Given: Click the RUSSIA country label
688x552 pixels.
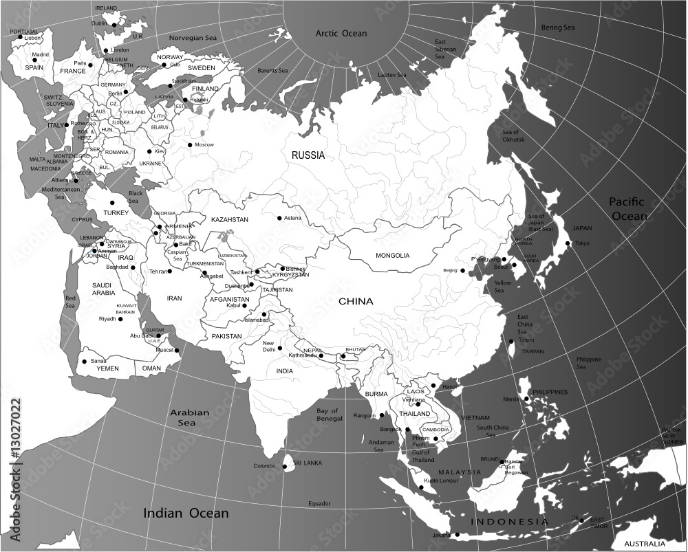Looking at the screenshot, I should tap(308, 155).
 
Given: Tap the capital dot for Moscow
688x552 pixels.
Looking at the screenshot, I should tap(190, 144).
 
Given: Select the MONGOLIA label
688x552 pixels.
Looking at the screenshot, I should tap(392, 256).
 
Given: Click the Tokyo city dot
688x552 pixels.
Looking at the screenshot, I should tap(568, 243).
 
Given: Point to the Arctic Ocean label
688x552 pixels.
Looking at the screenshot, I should tap(341, 33).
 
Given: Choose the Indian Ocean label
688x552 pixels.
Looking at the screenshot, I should tap(186, 513).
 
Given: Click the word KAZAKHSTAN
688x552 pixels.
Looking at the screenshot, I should tap(230, 219).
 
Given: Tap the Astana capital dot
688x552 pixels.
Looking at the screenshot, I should tap(279, 219).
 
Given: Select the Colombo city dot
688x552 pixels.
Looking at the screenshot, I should tap(284, 467).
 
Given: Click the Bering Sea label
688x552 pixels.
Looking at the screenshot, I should tap(558, 27).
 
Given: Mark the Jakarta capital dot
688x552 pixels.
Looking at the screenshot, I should tap(455, 535).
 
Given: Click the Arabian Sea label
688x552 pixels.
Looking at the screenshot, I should tap(190, 417).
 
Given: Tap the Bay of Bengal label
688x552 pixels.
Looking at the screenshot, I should tap(330, 415).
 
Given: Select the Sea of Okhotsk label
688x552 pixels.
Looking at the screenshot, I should tap(513, 135).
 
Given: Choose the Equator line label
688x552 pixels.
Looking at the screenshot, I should tap(320, 503).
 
